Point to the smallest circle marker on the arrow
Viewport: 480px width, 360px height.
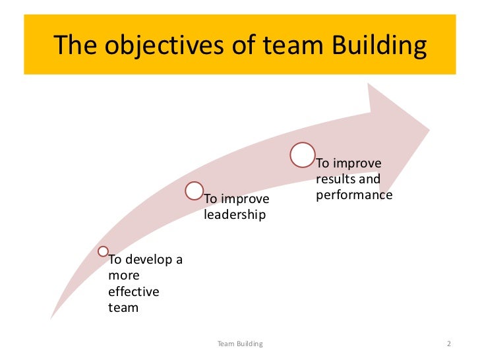pos(103,251)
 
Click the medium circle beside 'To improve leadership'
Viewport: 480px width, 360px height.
pos(194,191)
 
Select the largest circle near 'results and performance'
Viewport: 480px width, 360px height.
pos(302,154)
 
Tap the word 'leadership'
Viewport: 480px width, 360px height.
pos(235,214)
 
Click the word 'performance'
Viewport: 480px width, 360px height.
pos(354,195)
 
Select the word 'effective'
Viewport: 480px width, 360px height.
pos(134,291)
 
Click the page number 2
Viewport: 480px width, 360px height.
pos(448,344)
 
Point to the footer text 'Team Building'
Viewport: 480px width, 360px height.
pos(240,344)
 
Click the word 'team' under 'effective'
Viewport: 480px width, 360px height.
pos(123,307)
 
